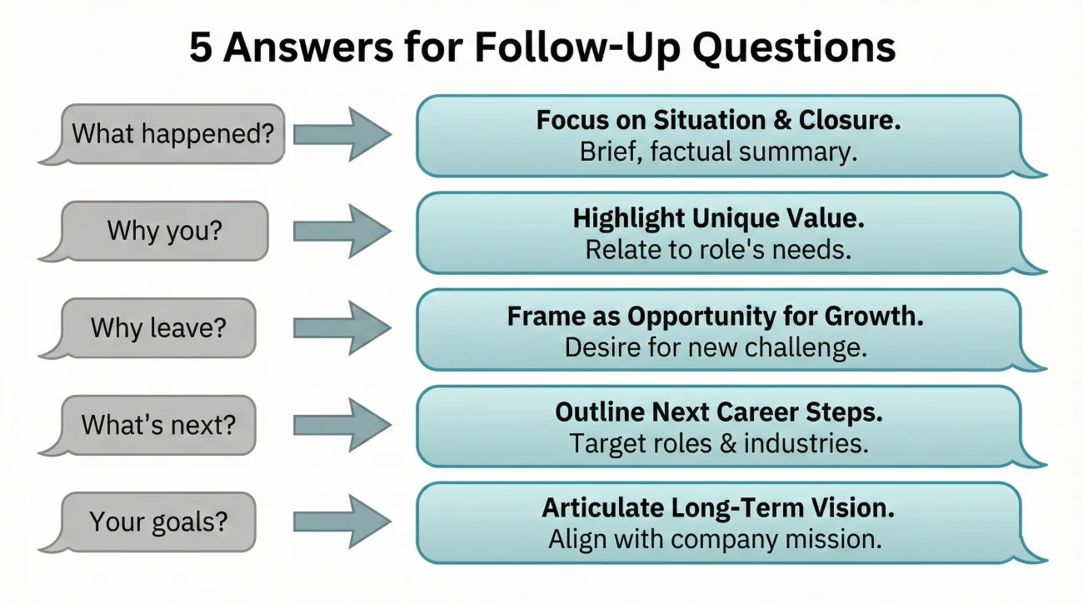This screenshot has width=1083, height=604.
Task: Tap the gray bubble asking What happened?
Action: (x=172, y=133)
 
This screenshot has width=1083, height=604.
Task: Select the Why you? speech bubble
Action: (x=164, y=230)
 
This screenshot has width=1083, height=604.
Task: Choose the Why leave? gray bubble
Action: (x=158, y=327)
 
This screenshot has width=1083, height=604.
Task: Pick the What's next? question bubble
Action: (x=157, y=424)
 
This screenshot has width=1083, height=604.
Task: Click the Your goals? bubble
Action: (x=157, y=522)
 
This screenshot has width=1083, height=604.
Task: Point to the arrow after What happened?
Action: (x=342, y=134)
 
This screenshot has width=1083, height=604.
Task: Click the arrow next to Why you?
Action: (x=342, y=231)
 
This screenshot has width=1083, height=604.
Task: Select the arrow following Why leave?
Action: (x=342, y=328)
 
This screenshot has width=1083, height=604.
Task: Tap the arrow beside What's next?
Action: (x=342, y=425)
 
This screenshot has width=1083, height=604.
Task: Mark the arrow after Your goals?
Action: (x=342, y=522)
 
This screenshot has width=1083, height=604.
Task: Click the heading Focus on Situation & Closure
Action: (x=718, y=121)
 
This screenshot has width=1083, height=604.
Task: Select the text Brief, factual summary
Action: (x=718, y=152)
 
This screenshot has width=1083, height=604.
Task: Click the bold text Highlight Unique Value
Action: (x=718, y=218)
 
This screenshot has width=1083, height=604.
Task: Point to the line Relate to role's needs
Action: (x=718, y=250)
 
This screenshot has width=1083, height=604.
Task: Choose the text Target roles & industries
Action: (x=718, y=443)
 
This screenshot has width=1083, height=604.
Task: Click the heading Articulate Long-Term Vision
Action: (x=718, y=507)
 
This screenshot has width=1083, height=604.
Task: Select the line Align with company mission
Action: (x=715, y=539)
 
